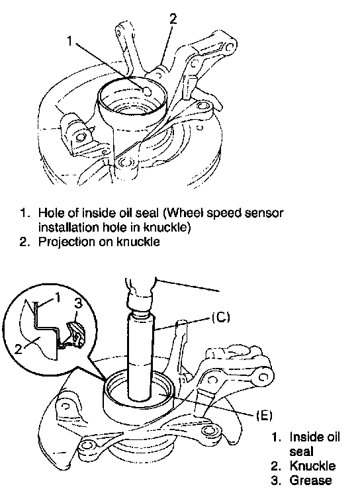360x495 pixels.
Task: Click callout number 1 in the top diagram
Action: (70, 41)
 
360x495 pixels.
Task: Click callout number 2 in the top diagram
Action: (173, 19)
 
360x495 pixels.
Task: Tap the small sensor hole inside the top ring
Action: (148, 91)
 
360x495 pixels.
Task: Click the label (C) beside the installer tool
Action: (221, 317)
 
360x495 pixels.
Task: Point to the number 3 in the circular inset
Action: (79, 304)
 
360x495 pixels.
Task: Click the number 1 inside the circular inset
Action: (58, 297)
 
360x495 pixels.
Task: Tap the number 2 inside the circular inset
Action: (19, 349)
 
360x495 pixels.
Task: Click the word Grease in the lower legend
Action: (311, 480)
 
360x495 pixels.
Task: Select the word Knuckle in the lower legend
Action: (312, 466)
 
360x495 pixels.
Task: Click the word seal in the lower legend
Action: (301, 451)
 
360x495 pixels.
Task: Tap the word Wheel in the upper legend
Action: (184, 213)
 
